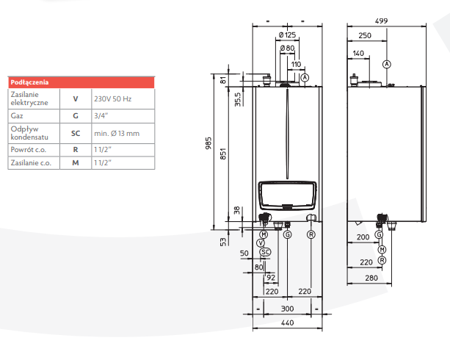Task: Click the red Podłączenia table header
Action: click(81, 82)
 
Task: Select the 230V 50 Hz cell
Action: click(112, 98)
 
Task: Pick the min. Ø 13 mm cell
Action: click(116, 133)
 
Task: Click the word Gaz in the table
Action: click(16, 115)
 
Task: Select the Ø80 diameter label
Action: click(287, 48)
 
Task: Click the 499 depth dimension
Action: click(381, 21)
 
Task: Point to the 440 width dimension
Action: click(287, 323)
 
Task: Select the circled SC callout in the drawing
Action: click(266, 252)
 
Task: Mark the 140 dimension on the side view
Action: click(358, 53)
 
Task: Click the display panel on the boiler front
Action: click(287, 197)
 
